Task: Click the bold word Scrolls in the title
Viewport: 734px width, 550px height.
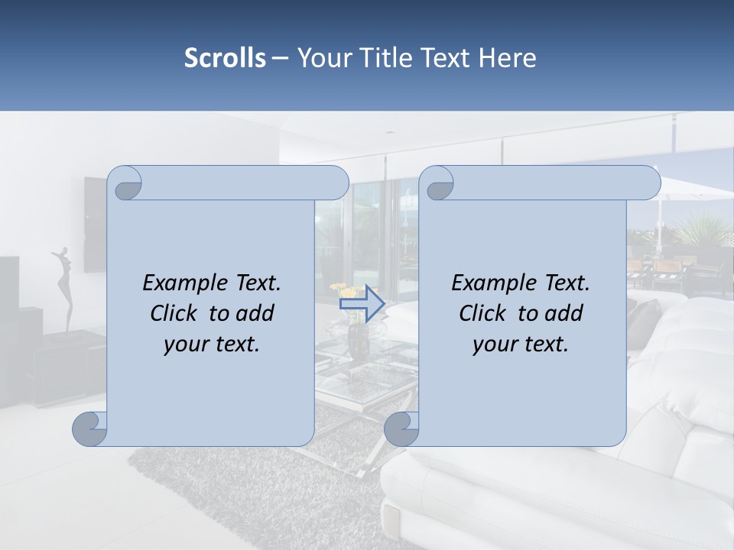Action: pos(225,58)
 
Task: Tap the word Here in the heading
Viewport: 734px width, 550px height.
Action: pos(508,58)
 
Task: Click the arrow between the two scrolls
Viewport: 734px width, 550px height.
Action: pos(362,303)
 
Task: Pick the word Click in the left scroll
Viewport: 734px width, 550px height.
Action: pos(174,313)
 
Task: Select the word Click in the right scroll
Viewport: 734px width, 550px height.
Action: pos(483,313)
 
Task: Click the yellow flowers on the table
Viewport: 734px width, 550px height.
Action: pos(348,292)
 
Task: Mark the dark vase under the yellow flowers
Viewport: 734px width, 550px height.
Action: pos(358,341)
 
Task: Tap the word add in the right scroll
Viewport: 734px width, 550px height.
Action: pos(565,313)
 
